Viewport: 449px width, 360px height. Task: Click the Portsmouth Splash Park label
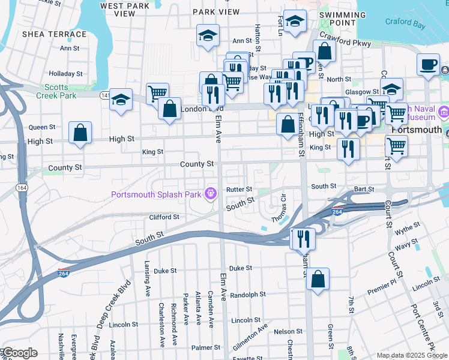(x=156, y=194)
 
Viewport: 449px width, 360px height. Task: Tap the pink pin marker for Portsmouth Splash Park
(x=209, y=193)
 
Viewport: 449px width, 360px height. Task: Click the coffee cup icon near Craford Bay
(x=428, y=64)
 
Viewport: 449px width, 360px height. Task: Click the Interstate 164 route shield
(x=22, y=188)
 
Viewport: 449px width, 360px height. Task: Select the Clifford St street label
(x=164, y=217)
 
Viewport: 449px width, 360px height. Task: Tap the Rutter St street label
(x=240, y=189)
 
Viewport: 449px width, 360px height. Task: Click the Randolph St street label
(x=248, y=295)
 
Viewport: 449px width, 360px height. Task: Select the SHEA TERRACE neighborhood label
(x=55, y=34)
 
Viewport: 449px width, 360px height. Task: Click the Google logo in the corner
(x=20, y=353)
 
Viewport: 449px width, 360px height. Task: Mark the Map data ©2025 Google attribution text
(x=411, y=355)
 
